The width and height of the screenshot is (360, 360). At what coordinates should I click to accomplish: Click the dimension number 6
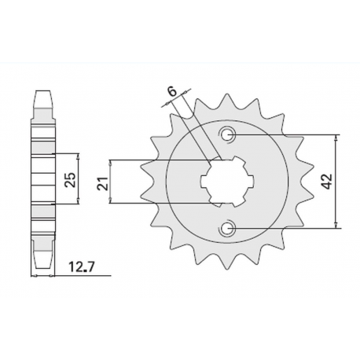coord(172,92)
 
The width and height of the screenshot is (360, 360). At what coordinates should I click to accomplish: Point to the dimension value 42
coord(347,181)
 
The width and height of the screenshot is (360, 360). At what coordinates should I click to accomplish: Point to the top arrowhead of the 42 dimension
coord(336,138)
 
